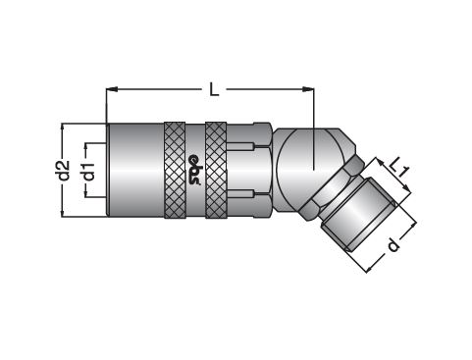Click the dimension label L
(x=214, y=89)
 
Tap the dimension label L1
(x=399, y=167)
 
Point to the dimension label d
(x=393, y=245)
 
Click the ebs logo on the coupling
(x=195, y=170)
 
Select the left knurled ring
(x=175, y=170)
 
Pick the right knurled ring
(x=216, y=170)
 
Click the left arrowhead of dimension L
(x=112, y=89)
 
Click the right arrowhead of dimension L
(x=308, y=89)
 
